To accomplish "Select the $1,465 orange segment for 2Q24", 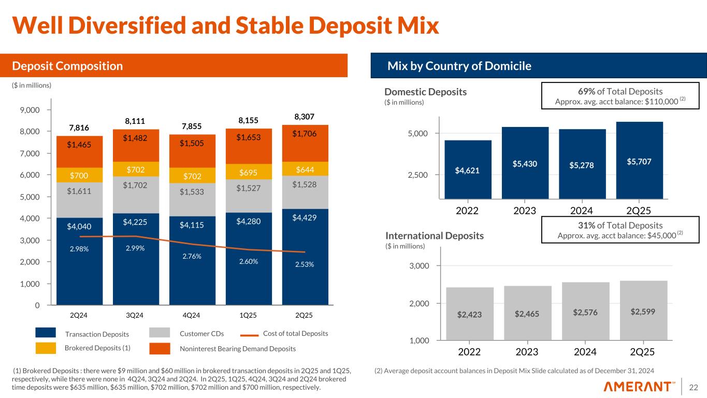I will click(x=80, y=145).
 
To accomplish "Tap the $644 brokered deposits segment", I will click(x=305, y=169).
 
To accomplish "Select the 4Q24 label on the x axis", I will click(x=192, y=315).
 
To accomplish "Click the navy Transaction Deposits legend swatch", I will click(x=46, y=333).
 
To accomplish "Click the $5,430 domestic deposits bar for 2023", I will click(x=525, y=163).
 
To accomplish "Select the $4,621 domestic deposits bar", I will click(x=468, y=169).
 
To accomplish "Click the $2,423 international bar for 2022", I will click(x=469, y=313).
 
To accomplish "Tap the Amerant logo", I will click(x=639, y=387).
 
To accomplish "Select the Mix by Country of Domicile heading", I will click(x=459, y=66).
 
